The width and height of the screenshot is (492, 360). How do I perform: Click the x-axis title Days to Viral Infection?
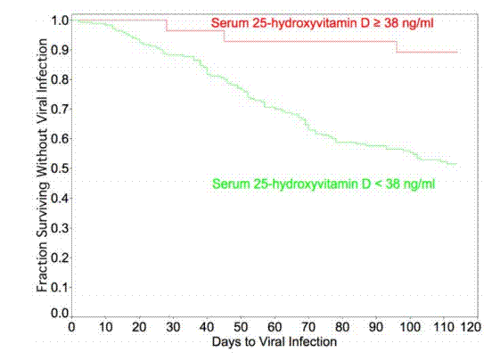click(275, 342)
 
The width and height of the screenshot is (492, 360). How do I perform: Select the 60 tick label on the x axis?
click(275, 327)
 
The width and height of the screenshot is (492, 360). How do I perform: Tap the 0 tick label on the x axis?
click(72, 327)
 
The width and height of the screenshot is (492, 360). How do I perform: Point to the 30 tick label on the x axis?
click(174, 327)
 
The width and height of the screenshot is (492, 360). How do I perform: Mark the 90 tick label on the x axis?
click(377, 327)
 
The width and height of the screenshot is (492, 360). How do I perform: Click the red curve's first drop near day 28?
click(167, 25)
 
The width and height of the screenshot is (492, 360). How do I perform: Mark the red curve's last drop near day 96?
click(397, 46)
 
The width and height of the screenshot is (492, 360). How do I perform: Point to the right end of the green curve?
click(457, 164)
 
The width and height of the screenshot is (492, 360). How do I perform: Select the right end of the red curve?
click(457, 52)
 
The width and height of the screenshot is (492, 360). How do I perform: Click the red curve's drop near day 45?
click(224, 36)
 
